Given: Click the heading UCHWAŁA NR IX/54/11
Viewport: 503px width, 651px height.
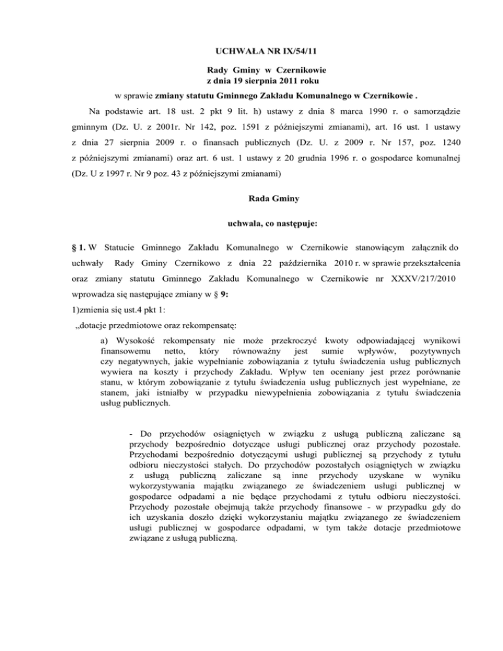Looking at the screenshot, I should pyautogui.click(x=251, y=48).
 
